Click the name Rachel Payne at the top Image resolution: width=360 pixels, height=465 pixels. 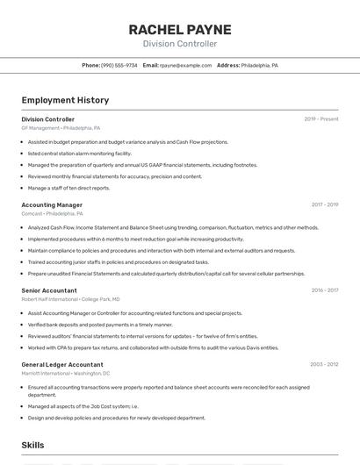(x=179, y=29)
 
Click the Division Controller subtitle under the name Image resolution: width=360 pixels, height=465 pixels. (x=179, y=44)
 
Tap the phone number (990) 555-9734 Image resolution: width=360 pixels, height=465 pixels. (x=119, y=66)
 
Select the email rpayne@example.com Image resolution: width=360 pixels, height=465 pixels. (x=185, y=66)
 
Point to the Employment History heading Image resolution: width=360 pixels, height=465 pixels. (x=65, y=101)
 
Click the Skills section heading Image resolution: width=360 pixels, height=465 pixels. (x=32, y=446)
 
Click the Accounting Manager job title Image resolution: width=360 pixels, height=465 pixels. (x=52, y=204)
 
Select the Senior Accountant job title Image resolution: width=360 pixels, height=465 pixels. (x=49, y=290)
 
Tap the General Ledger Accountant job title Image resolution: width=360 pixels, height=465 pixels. (x=62, y=364)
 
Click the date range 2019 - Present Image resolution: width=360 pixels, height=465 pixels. (x=321, y=119)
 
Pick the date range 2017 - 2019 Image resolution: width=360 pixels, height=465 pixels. (x=324, y=204)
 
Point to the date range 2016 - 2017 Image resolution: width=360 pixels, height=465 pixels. (x=324, y=290)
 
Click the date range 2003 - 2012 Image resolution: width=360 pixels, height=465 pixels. (x=324, y=364)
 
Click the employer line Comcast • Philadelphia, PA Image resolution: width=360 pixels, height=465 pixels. (x=52, y=213)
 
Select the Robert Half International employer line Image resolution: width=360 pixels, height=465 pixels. (x=71, y=299)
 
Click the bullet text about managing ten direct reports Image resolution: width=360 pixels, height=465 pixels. (x=68, y=188)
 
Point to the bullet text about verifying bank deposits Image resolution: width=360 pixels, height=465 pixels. (x=100, y=325)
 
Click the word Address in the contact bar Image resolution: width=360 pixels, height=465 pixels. (x=228, y=66)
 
